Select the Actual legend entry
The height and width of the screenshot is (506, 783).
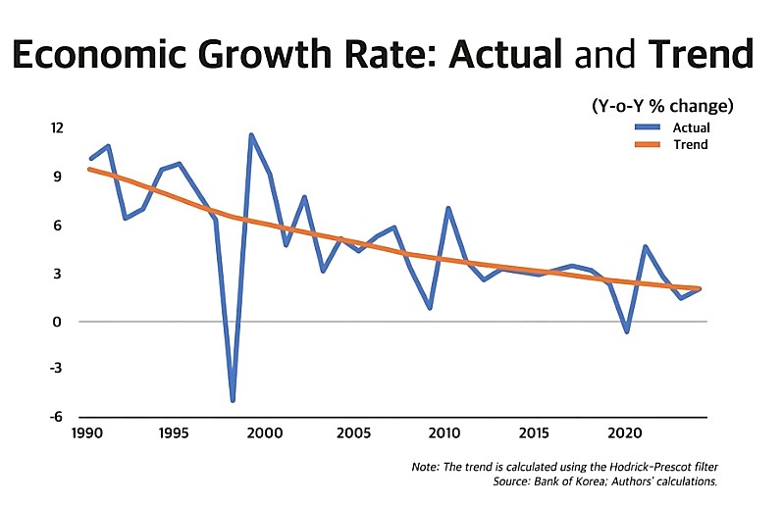pos(691,127)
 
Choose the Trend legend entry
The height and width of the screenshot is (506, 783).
pos(689,144)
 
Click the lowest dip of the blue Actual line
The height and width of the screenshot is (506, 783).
pos(233,400)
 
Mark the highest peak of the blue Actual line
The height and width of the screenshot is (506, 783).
pos(251,135)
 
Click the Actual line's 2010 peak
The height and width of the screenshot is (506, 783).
pos(447,208)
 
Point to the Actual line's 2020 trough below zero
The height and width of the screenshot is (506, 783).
pos(626,331)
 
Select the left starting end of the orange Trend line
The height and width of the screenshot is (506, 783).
pos(89,169)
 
